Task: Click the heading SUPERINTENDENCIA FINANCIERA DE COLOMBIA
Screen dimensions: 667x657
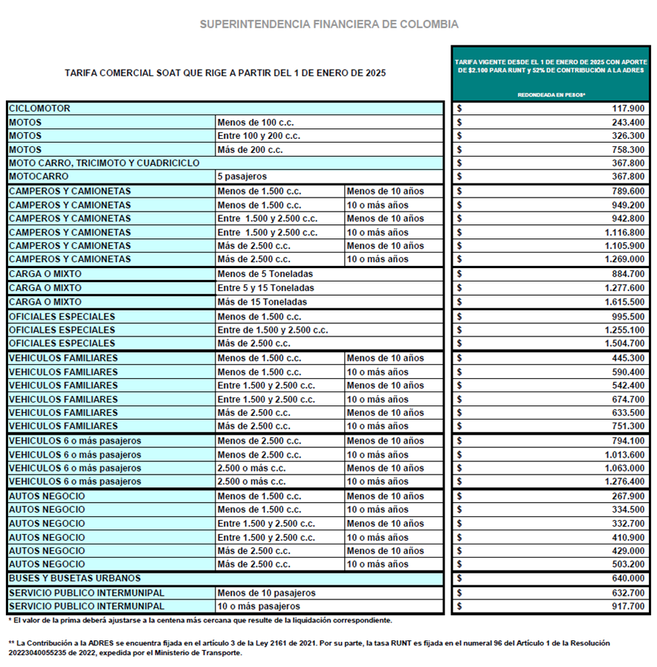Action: click(x=328, y=25)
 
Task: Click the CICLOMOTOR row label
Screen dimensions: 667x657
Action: click(x=39, y=108)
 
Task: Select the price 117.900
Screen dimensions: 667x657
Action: click(x=629, y=108)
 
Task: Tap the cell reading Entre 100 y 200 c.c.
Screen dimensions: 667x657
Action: click(x=259, y=136)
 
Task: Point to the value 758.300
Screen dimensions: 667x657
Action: click(x=629, y=150)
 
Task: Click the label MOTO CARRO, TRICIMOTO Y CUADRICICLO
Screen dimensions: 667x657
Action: click(x=104, y=163)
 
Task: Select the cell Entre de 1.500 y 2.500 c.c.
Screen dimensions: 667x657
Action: click(x=272, y=330)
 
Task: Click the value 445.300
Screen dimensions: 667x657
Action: click(x=629, y=358)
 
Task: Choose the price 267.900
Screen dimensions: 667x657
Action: click(x=629, y=496)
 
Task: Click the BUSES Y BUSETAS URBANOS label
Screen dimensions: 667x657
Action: click(x=74, y=578)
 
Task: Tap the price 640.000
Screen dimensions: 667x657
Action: click(x=629, y=579)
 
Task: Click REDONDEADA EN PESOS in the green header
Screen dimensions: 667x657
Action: click(x=551, y=95)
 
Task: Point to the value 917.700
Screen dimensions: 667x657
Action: click(x=629, y=607)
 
